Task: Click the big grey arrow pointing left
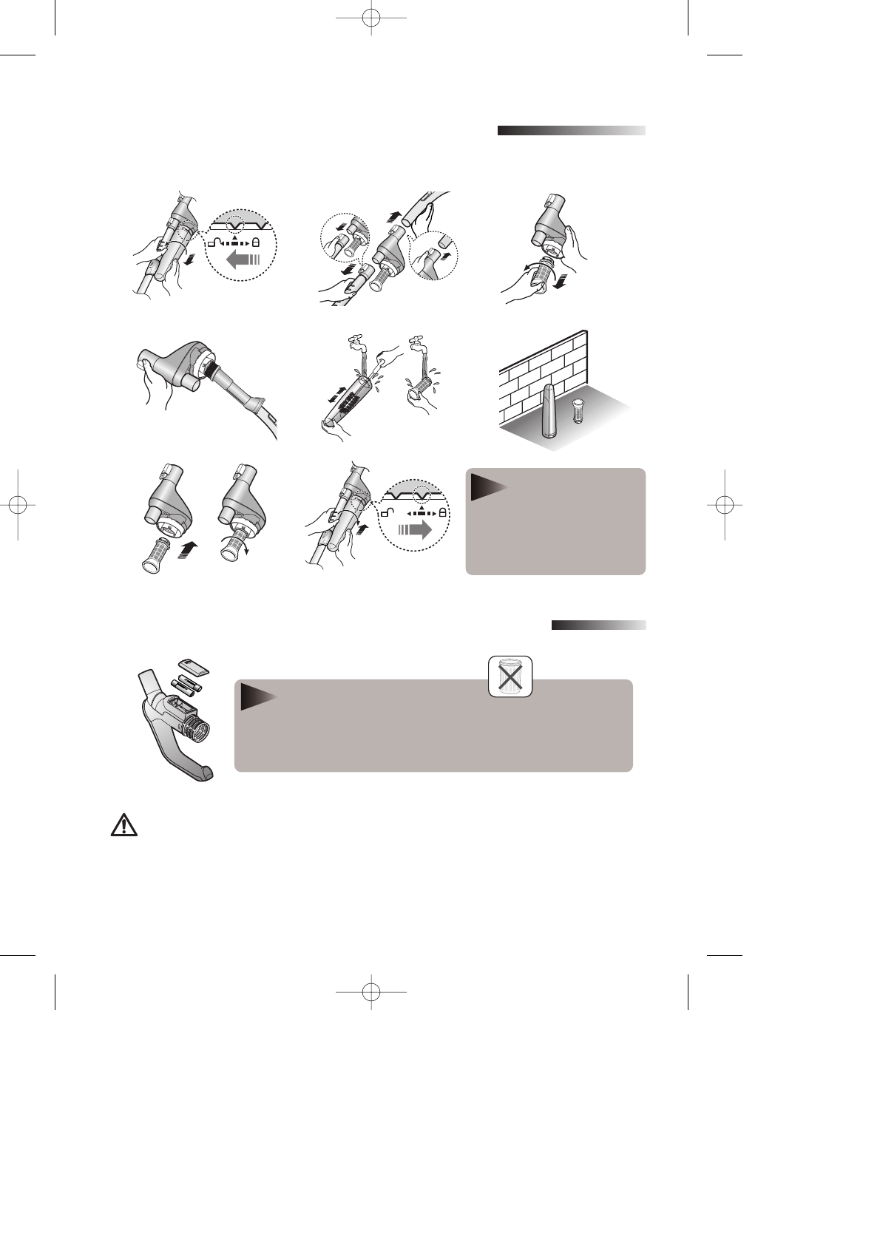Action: [245, 259]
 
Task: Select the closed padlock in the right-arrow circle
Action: [442, 512]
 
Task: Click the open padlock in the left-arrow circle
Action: [213, 242]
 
